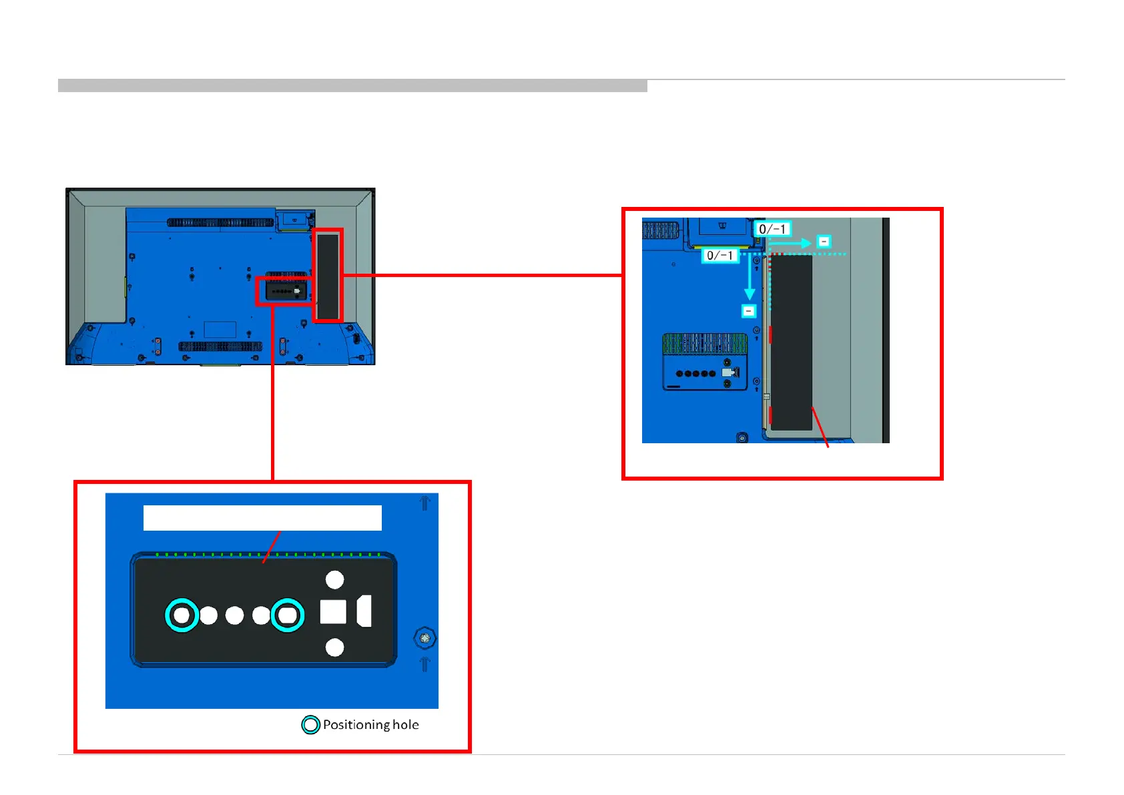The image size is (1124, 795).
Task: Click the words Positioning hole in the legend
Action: coord(370,725)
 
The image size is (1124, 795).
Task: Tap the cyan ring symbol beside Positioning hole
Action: coord(310,725)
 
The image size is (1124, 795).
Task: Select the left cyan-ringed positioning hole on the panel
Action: coord(182,615)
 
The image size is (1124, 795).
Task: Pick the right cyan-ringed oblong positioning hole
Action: coord(288,615)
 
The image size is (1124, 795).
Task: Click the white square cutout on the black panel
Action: coord(333,611)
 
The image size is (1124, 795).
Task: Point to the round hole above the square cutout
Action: coord(334,579)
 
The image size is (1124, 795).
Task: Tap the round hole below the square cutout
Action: coord(334,647)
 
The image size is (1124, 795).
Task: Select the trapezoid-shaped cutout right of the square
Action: coord(364,611)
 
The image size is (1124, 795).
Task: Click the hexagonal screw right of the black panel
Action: coord(425,638)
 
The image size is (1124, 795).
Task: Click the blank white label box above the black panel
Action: coord(262,518)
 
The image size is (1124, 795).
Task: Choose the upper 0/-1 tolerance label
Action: coord(773,229)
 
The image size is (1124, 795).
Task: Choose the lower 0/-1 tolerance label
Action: coord(720,255)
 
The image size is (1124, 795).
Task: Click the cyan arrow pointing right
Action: coord(792,244)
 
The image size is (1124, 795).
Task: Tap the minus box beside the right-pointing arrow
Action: coord(824,242)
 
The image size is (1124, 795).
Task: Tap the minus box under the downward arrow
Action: coord(749,311)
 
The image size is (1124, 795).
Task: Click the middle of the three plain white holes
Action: coord(234,615)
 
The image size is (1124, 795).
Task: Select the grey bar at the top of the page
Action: coord(352,85)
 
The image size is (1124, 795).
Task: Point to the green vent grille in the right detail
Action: coord(705,343)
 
